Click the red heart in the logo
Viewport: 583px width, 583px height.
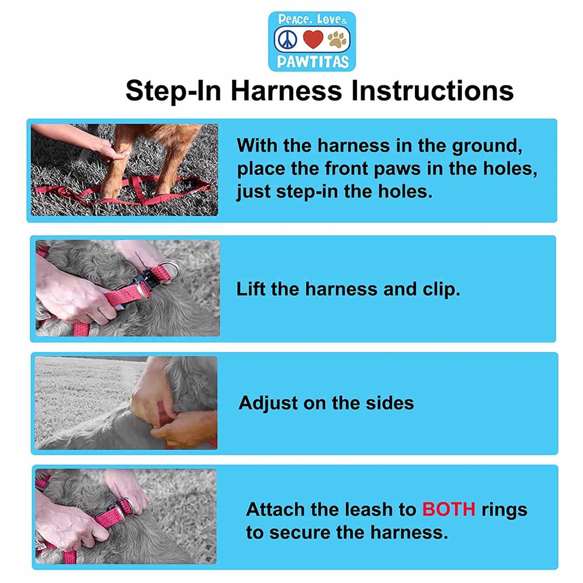click(x=313, y=39)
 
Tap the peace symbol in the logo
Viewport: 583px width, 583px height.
click(x=287, y=40)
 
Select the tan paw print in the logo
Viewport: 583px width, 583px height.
click(x=337, y=40)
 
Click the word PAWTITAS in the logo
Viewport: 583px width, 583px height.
click(x=313, y=62)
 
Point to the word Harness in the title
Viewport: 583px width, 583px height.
click(x=286, y=91)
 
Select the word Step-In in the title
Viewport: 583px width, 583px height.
click(x=173, y=91)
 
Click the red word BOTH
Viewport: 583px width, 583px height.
click(x=449, y=509)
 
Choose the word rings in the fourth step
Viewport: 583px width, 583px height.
click(x=504, y=510)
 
